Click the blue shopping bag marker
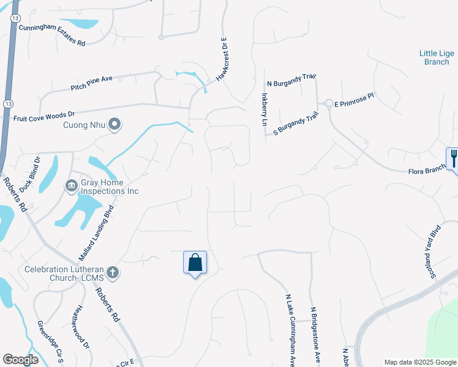(195, 263)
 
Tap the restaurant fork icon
(452, 158)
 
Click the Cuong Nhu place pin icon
(114, 125)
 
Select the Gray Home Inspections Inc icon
(71, 185)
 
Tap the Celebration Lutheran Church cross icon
(112, 272)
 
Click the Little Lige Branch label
(437, 57)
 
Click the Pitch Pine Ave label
(92, 84)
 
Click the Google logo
(20, 360)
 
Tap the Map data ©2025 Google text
(419, 362)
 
